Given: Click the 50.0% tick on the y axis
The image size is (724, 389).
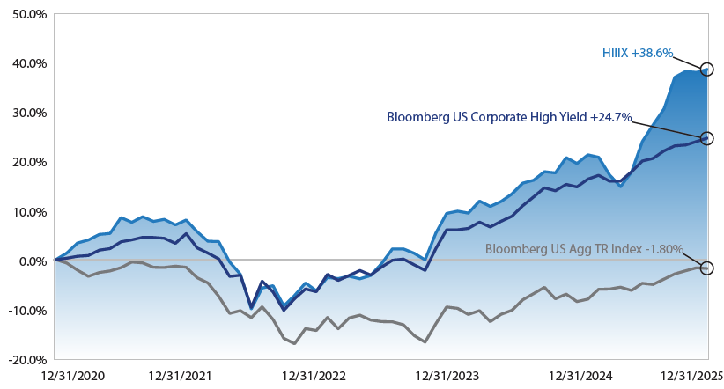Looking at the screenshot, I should (x=26, y=15).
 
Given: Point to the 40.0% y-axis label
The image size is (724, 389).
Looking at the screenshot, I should (x=26, y=64).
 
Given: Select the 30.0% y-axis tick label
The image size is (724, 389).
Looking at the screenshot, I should (x=26, y=114).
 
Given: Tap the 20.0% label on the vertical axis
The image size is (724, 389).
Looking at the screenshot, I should (x=26, y=163).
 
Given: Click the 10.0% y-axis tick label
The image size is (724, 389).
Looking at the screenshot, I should (x=26, y=212).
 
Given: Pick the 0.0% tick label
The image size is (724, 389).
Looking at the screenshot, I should (x=30, y=261).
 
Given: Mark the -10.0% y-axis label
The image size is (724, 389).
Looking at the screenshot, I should (x=25, y=311).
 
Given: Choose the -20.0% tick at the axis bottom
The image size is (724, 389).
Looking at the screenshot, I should (x=25, y=360).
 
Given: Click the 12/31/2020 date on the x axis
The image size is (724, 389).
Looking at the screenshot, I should (x=55, y=376).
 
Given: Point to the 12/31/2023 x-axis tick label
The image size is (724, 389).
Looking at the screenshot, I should (x=446, y=376).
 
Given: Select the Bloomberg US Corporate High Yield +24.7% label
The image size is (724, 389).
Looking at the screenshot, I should (x=509, y=117).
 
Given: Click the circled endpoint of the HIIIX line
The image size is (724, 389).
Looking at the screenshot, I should (x=706, y=69).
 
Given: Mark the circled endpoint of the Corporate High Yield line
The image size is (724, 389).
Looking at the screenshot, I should (x=706, y=138).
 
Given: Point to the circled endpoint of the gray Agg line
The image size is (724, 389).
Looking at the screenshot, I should (x=706, y=268).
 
